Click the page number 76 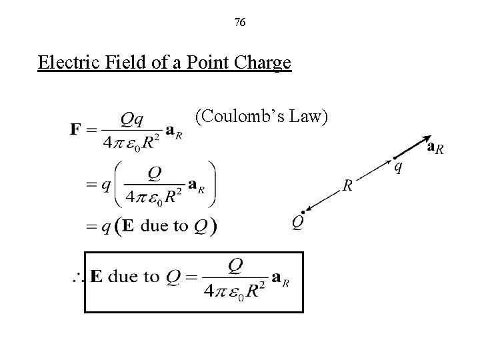click(240, 23)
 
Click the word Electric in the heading click(64, 63)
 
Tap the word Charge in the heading click(265, 63)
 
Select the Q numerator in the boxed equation click(235, 265)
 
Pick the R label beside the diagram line click(347, 186)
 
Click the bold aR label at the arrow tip click(434, 148)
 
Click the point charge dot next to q click(393, 158)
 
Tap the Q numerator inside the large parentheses click(154, 173)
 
